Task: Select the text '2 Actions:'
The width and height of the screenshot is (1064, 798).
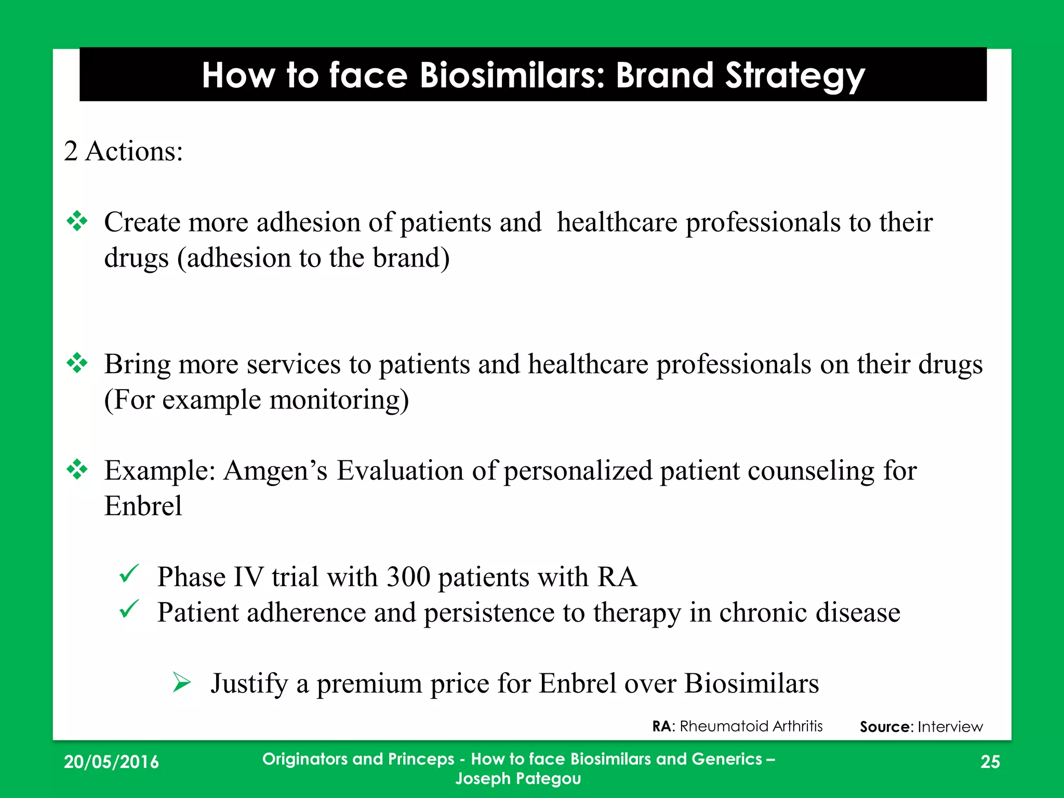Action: (x=123, y=151)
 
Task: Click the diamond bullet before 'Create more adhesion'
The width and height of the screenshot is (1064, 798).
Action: (x=77, y=221)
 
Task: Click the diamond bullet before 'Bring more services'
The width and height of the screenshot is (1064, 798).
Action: (x=77, y=363)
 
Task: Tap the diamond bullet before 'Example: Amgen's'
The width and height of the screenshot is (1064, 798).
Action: (x=77, y=470)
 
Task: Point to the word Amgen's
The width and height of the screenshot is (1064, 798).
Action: (x=275, y=471)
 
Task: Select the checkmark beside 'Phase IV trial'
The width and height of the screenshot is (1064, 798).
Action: (x=128, y=574)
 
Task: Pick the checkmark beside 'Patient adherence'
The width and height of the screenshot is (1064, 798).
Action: (x=128, y=609)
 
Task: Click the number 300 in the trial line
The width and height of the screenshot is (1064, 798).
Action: (x=408, y=577)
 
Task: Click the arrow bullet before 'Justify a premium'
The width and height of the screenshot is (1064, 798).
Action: (x=182, y=682)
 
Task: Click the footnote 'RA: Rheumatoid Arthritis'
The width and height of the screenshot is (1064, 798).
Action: (x=737, y=726)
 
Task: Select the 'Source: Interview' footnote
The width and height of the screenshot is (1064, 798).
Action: (x=921, y=726)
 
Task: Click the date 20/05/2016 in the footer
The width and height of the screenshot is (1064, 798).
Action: (x=111, y=762)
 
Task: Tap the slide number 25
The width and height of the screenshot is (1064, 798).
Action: (x=990, y=762)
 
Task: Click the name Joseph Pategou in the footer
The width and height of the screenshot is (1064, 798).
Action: (x=518, y=778)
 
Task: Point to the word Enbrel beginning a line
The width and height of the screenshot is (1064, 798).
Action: (x=143, y=506)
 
